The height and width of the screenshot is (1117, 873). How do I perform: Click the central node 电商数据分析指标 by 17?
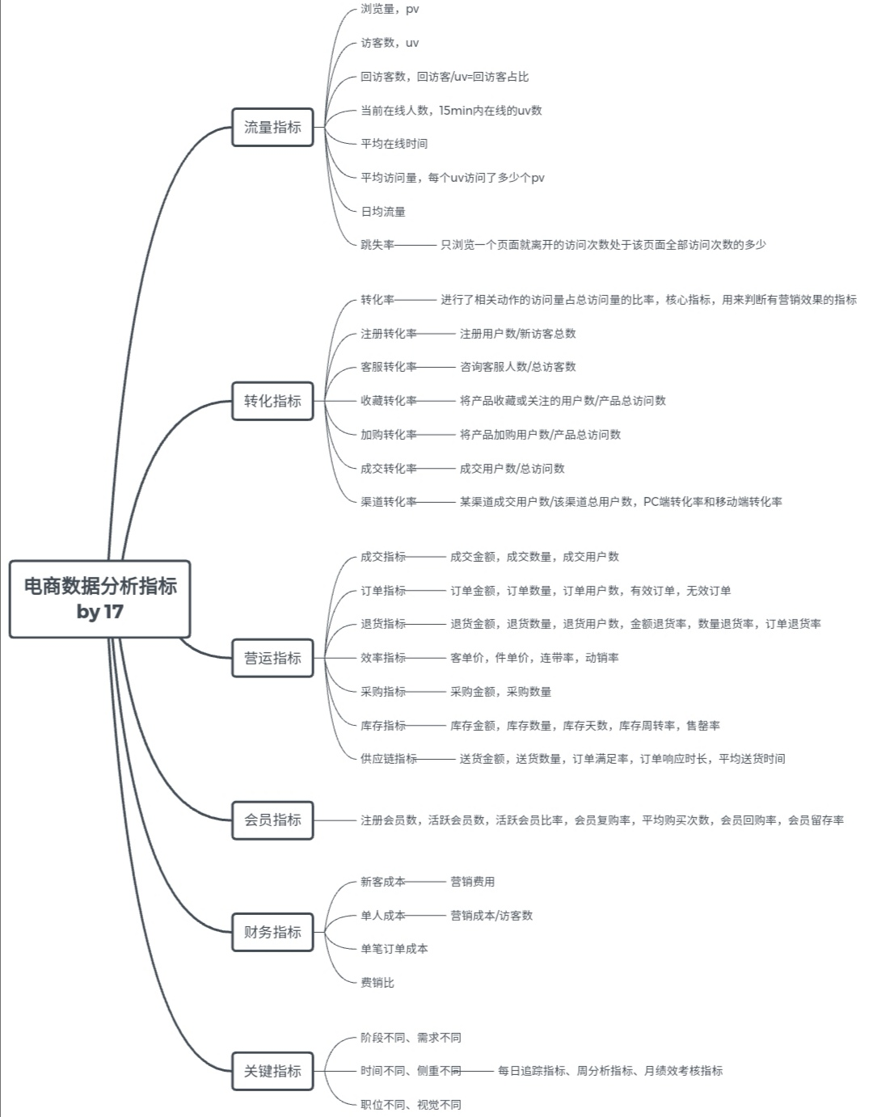click(100, 599)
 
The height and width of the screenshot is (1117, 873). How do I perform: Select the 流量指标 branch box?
click(272, 127)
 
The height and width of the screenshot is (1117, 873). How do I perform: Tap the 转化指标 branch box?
click(272, 401)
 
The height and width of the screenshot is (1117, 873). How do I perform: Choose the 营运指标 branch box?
click(272, 658)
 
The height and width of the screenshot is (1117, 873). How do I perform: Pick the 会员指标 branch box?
click(272, 820)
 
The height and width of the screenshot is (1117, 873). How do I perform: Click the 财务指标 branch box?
click(272, 932)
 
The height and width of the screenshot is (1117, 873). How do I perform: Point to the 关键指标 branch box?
click(272, 1071)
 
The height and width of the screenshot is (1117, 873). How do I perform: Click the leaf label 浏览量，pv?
click(390, 9)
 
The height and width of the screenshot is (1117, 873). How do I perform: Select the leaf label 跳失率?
click(377, 245)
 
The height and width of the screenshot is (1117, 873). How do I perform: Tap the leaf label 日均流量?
click(383, 212)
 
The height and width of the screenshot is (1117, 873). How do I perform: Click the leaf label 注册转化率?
click(389, 334)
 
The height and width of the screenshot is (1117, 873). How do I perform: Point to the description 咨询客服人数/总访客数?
click(518, 367)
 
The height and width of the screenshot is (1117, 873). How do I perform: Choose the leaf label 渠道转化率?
click(389, 502)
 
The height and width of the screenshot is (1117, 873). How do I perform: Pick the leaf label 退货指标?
click(383, 624)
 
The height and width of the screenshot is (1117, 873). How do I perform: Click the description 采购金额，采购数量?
click(501, 692)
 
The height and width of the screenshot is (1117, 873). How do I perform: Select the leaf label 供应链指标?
click(389, 759)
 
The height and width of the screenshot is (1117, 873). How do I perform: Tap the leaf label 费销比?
click(377, 983)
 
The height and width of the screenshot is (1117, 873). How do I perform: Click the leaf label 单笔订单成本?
click(394, 949)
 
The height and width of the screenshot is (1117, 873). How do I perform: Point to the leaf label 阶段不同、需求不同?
click(411, 1038)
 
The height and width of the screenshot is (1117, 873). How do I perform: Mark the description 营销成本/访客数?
click(491, 916)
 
